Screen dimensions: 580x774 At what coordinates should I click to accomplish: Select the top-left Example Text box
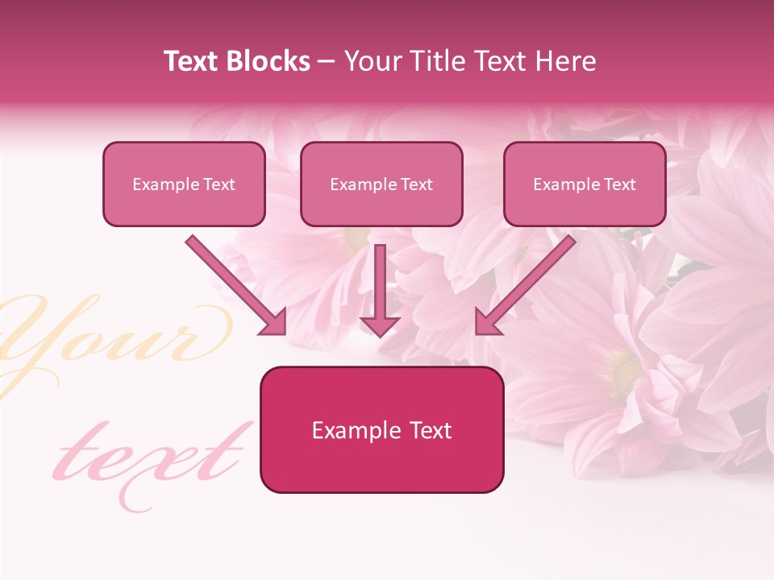coord(184,184)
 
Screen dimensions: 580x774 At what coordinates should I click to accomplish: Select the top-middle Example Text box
coord(381,184)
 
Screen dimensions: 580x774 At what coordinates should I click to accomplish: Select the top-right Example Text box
coord(585,184)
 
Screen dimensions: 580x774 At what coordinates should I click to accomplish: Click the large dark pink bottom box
coord(381,429)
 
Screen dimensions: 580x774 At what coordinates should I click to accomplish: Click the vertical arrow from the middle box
coord(380,290)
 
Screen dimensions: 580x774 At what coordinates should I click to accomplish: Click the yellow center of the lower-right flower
coord(625,371)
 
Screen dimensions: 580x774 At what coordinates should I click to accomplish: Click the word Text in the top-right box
coord(620,184)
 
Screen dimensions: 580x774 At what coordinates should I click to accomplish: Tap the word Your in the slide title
coord(368,61)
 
